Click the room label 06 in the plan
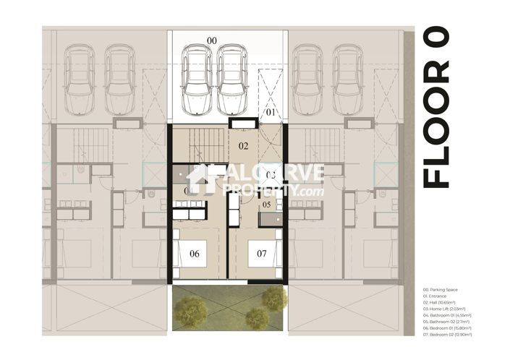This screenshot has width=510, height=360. [x=194, y=254]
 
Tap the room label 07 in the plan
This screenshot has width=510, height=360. [x=262, y=254]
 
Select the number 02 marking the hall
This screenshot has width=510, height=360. [x=244, y=146]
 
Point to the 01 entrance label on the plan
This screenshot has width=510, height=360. [x=268, y=113]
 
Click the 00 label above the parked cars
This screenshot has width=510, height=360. [x=211, y=40]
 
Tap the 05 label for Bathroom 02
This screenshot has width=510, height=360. [x=266, y=205]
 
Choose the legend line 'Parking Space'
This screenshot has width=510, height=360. [x=443, y=290]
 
